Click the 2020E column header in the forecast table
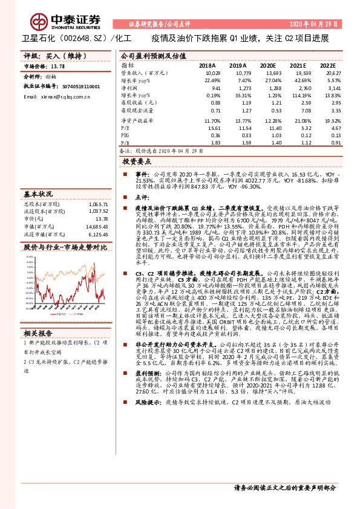(267, 65)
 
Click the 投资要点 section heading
(137, 162)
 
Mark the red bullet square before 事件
(129, 173)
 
